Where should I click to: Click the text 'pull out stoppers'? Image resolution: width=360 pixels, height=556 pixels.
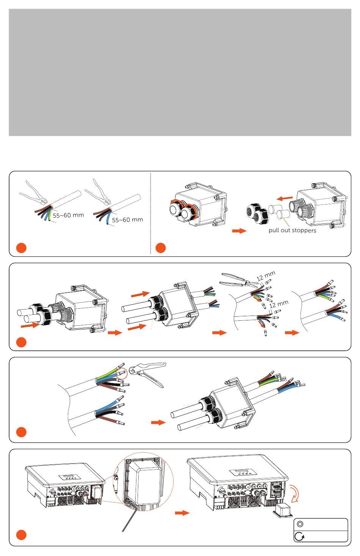point(292,230)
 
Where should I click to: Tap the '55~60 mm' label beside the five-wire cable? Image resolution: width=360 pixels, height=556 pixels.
point(68,216)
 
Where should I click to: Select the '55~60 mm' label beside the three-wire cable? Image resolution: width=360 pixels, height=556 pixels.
point(127,220)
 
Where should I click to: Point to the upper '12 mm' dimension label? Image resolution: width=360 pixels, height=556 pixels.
point(266,276)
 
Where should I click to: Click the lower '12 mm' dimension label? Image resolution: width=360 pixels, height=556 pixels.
point(279,304)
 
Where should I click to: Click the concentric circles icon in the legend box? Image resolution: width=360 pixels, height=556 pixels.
point(300,525)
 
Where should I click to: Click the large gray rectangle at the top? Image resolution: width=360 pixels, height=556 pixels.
point(180,72)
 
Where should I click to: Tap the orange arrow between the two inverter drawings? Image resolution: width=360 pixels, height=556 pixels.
point(182,513)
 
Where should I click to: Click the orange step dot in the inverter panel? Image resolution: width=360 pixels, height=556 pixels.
point(22,535)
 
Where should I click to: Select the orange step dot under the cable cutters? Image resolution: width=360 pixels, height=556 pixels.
point(22,248)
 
